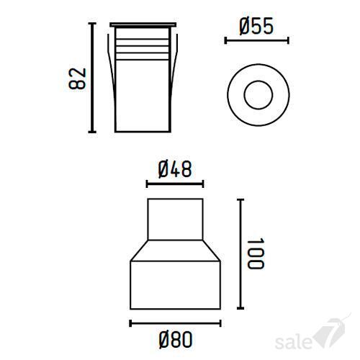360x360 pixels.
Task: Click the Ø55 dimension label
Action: pyautogui.click(x=256, y=26)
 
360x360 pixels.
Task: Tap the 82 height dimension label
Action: pyautogui.click(x=77, y=78)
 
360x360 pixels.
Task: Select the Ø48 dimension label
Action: pyautogui.click(x=175, y=169)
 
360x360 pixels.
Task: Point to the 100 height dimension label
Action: pyautogui.click(x=256, y=253)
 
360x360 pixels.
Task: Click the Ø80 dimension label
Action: pyautogui.click(x=176, y=339)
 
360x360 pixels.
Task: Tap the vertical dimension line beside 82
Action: pyautogui.click(x=92, y=78)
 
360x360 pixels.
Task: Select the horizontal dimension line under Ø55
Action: pyautogui.click(x=256, y=40)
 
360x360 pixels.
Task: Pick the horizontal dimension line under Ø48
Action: pyautogui.click(x=175, y=184)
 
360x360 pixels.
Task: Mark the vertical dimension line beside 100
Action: pyautogui.click(x=240, y=254)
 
